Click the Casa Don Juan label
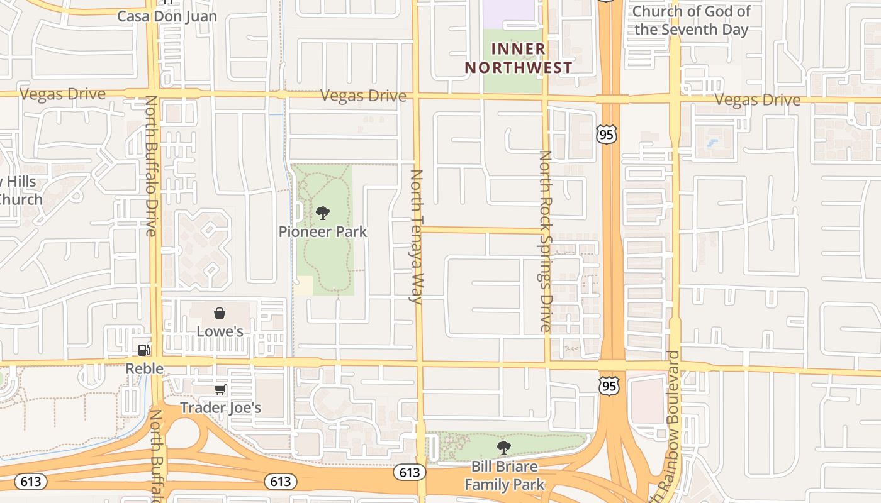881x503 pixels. (x=167, y=16)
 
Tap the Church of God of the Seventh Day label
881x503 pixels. (x=691, y=20)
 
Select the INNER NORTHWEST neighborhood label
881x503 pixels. (x=519, y=58)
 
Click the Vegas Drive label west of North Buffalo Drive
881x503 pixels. (x=62, y=94)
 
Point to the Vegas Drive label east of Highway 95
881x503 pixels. (x=757, y=100)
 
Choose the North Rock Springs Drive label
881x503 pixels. (x=545, y=241)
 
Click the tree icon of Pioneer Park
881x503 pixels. (x=323, y=213)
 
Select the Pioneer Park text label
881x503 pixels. (x=323, y=232)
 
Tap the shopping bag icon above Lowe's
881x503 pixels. (x=220, y=312)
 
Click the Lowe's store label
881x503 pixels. (x=220, y=331)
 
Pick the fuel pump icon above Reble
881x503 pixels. (x=144, y=350)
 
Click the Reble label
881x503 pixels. (x=144, y=368)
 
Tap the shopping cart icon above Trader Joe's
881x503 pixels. (x=220, y=390)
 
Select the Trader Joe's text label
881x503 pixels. (x=220, y=408)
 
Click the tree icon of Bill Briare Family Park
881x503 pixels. (x=503, y=448)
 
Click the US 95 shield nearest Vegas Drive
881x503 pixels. (x=607, y=133)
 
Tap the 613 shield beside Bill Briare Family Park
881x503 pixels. (x=408, y=472)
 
